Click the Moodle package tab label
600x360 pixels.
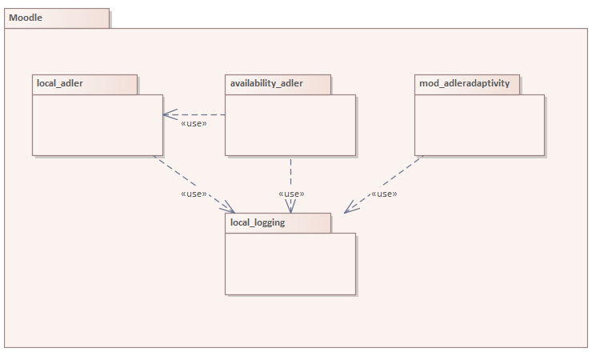tap(26, 18)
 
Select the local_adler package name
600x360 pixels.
tap(60, 83)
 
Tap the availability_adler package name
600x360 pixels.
tap(266, 83)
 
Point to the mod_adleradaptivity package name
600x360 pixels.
tap(464, 83)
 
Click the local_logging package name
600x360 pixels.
tap(258, 222)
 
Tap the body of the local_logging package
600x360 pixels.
tap(290, 264)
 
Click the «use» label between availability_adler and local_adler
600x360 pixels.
tap(194, 124)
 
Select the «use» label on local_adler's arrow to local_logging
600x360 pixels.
tap(194, 194)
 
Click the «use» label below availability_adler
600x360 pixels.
tap(291, 194)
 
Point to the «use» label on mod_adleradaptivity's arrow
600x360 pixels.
tap(384, 194)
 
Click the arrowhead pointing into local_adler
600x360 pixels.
tap(168, 114)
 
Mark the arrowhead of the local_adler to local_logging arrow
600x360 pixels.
tap(230, 209)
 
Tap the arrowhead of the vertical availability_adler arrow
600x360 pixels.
tap(290, 207)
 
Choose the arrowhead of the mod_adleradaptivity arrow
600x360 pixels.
tap(350, 210)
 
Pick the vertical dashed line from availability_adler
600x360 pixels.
tap(290, 172)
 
